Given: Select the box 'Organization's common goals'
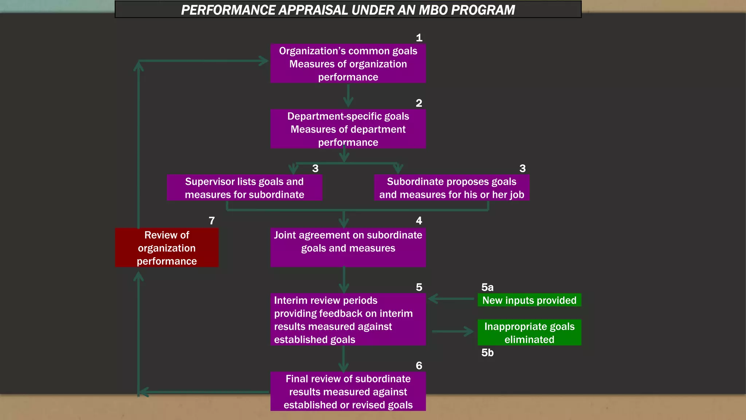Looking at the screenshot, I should tap(348, 64).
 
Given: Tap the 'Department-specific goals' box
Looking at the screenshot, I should tap(348, 129).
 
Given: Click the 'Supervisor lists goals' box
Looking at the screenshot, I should tap(244, 188).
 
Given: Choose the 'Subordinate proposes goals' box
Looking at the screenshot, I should tap(451, 188).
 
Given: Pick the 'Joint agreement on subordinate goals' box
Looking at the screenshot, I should tap(348, 247).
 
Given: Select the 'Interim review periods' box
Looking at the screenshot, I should tap(348, 319).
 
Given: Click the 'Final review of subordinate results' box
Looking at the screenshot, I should tap(348, 392).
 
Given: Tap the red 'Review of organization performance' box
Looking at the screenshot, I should tap(167, 248).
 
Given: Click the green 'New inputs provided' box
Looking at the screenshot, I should tap(529, 300).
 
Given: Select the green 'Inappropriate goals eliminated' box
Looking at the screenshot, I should tap(529, 332).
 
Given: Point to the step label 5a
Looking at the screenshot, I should tap(487, 287).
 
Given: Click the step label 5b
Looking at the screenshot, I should tap(487, 353).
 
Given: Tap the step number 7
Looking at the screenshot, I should tap(212, 221).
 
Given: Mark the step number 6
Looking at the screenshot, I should tap(419, 366).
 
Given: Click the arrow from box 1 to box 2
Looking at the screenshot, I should tap(348, 96).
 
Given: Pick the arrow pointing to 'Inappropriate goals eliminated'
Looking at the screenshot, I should tap(453, 331).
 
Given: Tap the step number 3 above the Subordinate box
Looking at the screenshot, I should tap(522, 168).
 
